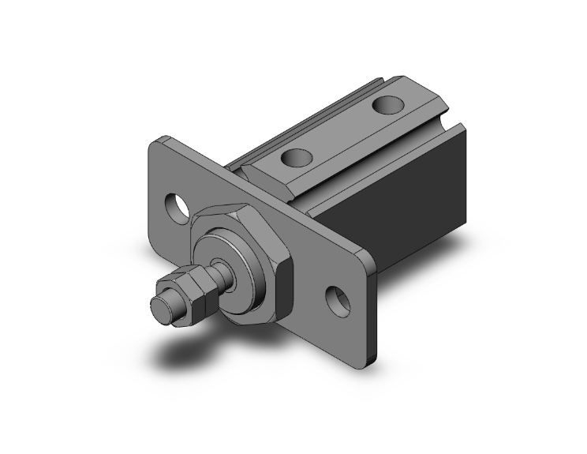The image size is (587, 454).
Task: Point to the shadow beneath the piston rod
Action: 197,351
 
